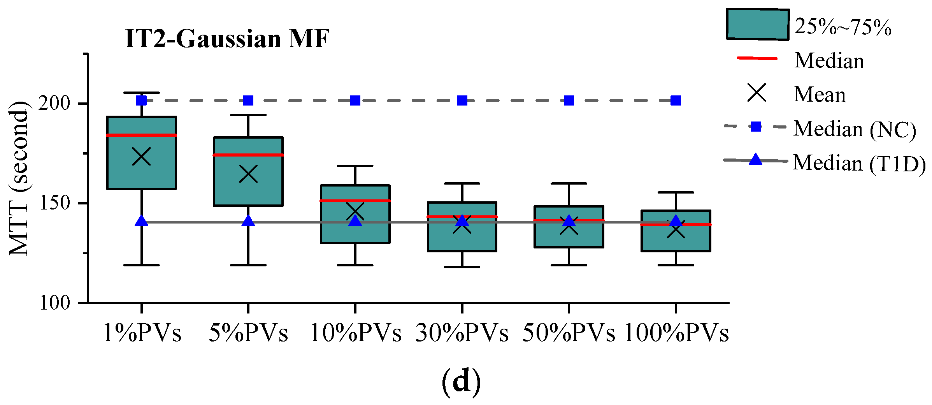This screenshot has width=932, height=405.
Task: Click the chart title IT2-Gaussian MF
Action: [x=227, y=39]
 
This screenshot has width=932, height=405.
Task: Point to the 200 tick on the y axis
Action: [x=54, y=103]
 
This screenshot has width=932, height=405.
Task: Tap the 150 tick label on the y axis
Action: [x=54, y=203]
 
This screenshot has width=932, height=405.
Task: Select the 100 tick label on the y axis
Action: [x=54, y=303]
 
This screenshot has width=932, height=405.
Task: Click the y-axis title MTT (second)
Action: [x=18, y=178]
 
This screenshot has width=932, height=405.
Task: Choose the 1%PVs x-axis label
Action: [x=142, y=333]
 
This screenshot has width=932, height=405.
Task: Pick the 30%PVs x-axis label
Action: [x=462, y=333]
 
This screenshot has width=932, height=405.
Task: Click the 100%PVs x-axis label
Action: [x=676, y=333]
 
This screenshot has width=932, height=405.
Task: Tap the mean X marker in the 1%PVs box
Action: [x=142, y=157]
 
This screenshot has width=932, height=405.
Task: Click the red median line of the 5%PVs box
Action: [x=248, y=155]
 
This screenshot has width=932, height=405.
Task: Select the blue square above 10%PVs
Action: [x=355, y=100]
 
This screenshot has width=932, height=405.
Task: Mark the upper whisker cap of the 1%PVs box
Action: [x=142, y=93]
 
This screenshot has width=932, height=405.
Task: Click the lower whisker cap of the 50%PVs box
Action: [x=569, y=265]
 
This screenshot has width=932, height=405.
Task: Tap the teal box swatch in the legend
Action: [x=757, y=25]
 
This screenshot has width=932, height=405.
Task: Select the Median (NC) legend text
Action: [x=855, y=129]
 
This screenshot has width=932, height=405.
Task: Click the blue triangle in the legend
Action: [x=755, y=159]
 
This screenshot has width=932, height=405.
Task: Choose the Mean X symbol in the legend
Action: [x=756, y=93]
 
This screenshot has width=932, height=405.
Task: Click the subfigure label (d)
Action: [x=461, y=382]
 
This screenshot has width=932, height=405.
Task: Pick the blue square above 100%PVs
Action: [x=676, y=100]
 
